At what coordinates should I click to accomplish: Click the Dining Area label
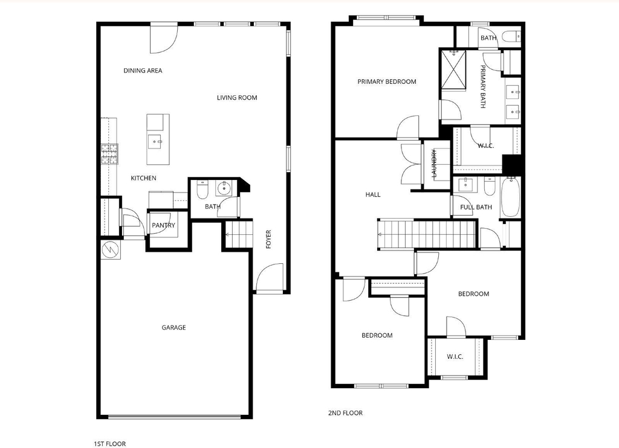coord(143,71)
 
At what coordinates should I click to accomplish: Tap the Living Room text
coord(237,98)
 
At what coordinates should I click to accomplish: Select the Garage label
coord(173,327)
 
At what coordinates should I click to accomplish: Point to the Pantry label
coord(163,225)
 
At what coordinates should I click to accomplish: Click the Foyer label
coord(268,239)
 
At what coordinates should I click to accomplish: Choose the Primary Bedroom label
coord(387,82)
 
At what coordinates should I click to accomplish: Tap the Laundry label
coord(434,163)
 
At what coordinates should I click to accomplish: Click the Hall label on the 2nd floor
coord(373,194)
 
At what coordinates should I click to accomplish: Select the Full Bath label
coord(476,207)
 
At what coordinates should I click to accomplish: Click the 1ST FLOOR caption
coord(110,444)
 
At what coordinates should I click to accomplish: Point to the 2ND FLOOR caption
coord(345,413)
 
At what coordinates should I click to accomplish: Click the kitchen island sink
coord(155,141)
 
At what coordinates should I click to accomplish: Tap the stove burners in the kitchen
coord(109,154)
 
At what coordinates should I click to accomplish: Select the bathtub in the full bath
coord(510,197)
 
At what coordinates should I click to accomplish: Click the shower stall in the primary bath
coord(453,69)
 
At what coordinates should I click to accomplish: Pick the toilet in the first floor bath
coord(202,190)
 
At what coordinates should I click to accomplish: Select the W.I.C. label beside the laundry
coord(485,146)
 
